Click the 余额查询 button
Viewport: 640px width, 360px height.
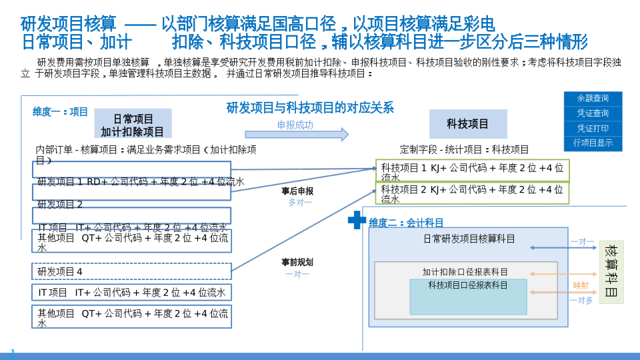(x=593, y=99)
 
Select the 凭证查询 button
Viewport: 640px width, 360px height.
(x=593, y=113)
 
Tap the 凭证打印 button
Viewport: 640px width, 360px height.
(x=593, y=128)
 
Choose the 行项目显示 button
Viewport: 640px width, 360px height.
(x=593, y=143)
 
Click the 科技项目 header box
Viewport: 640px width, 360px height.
(x=467, y=124)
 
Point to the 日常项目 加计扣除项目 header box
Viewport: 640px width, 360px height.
(x=133, y=125)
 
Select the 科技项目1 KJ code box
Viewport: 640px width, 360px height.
(x=472, y=171)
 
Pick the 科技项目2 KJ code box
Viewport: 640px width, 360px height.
(x=472, y=193)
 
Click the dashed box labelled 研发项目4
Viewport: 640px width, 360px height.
(x=131, y=271)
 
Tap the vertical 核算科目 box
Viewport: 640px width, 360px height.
(x=611, y=272)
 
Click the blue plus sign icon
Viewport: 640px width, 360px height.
(x=357, y=220)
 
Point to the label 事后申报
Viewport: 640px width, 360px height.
(x=297, y=191)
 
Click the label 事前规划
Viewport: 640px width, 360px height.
(x=297, y=262)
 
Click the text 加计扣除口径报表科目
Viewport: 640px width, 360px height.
(x=465, y=272)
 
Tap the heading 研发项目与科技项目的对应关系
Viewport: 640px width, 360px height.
(x=310, y=107)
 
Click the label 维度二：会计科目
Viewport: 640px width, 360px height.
(x=407, y=223)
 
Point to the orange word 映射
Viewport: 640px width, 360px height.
(x=581, y=285)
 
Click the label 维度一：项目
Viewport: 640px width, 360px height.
(x=61, y=112)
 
